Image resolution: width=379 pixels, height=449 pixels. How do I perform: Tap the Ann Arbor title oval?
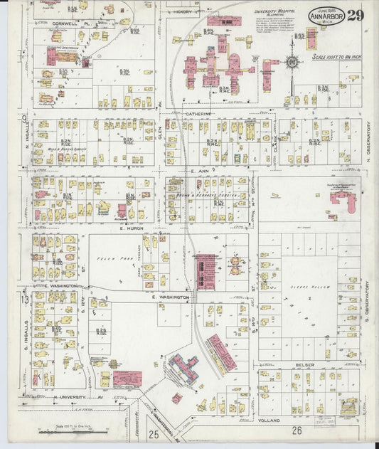(326, 16)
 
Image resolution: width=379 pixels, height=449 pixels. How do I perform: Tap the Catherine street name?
(200, 114)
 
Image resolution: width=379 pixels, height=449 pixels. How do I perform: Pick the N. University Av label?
(69, 396)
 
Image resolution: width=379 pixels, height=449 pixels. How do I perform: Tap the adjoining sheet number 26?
(297, 430)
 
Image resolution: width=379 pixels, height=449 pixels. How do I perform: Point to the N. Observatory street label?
(369, 142)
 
